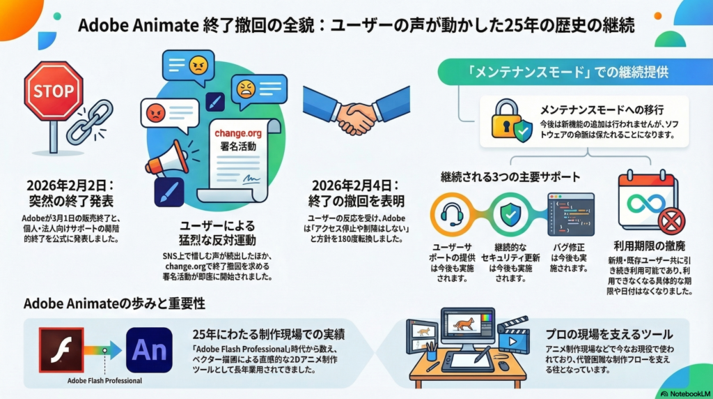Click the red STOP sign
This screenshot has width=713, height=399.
[x=54, y=91]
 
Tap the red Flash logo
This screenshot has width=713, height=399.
[x=63, y=349]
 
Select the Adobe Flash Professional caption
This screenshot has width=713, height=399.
[x=104, y=381]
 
